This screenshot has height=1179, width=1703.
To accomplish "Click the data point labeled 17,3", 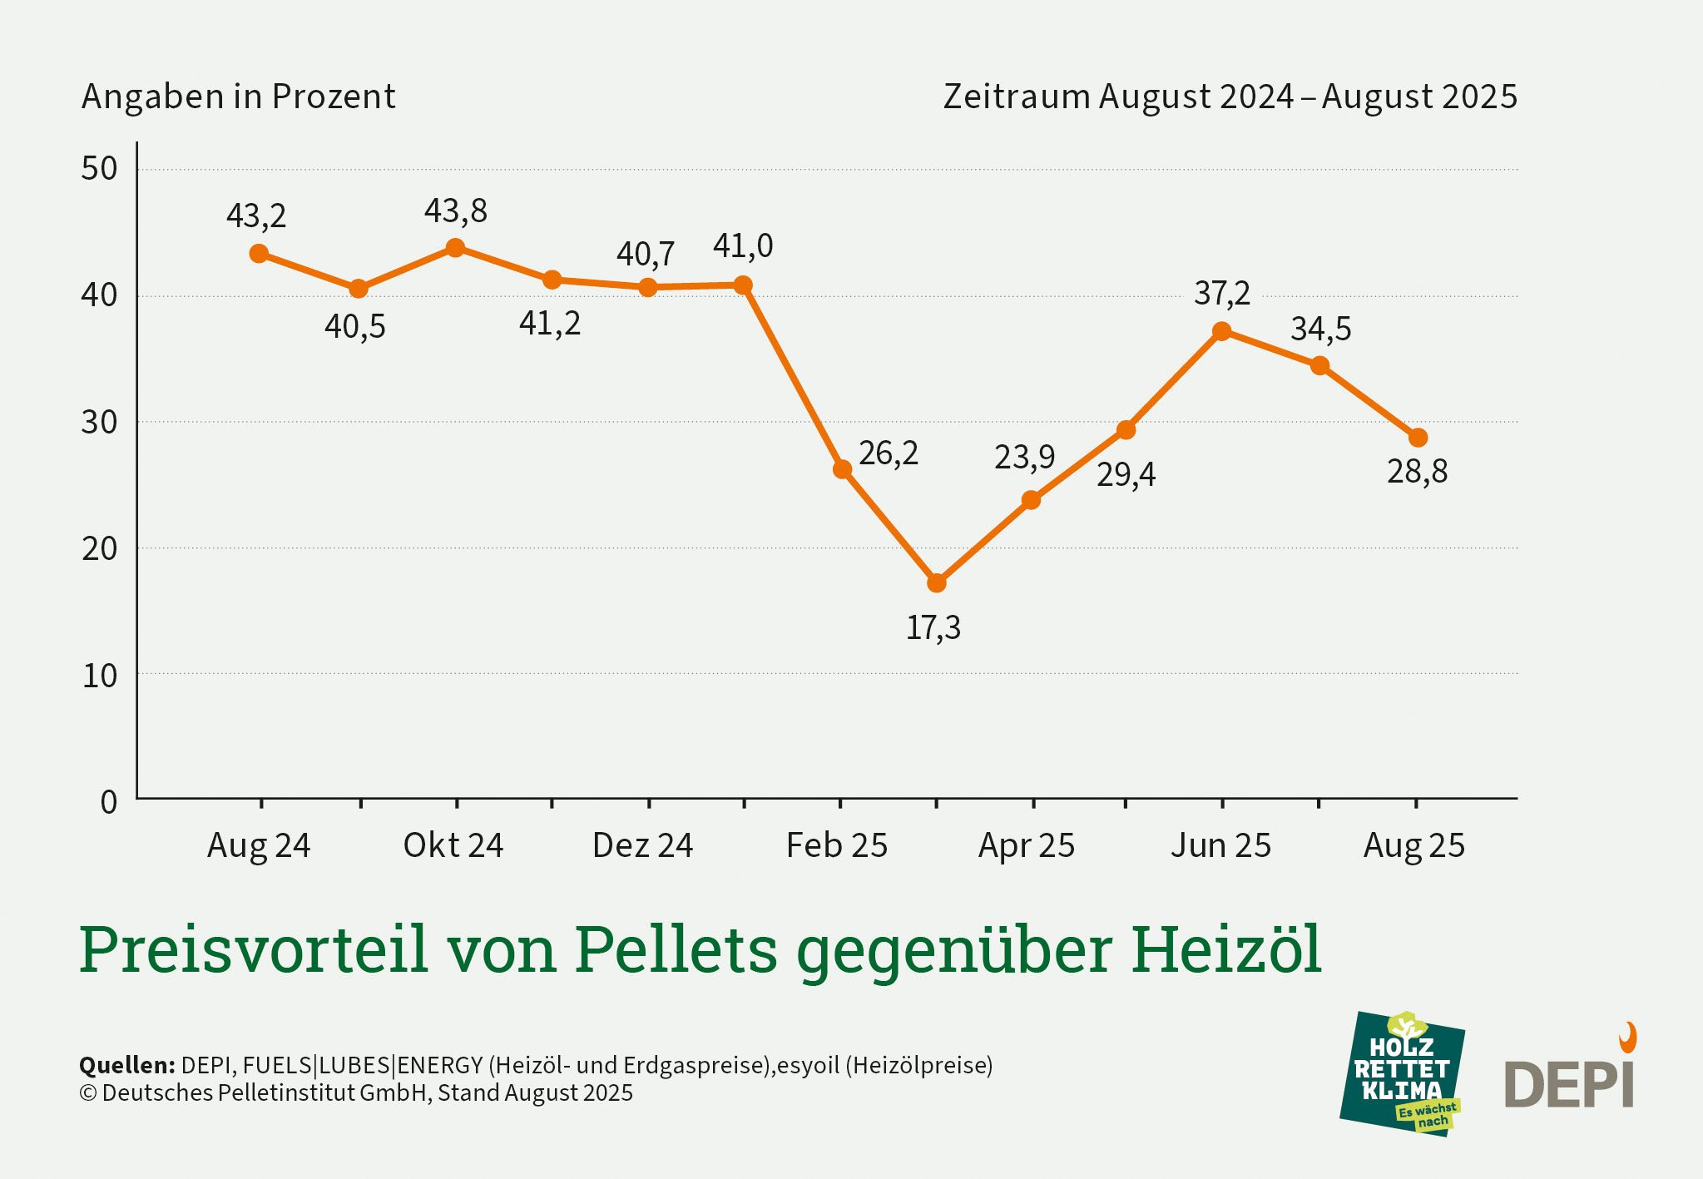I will coord(936,583).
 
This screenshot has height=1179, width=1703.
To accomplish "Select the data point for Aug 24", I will coord(259,254).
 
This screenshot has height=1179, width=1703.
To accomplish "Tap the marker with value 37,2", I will coord(1221,331).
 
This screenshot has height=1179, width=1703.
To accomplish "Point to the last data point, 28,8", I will coord(1418,438).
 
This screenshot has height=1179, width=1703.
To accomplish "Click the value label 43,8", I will coord(455,211).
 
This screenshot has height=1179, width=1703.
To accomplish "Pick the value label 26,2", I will coord(889,453).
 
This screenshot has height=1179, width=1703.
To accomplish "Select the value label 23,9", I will coord(1024,458).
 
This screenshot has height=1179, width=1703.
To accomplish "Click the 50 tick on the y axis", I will coord(99,169).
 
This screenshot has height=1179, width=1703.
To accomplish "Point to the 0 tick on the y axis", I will coord(108,802).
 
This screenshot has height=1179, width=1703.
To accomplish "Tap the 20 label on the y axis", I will coord(99,548).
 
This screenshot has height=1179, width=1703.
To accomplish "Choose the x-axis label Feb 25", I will coord(837,845).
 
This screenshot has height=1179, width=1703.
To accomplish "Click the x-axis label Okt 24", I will coord(453,845).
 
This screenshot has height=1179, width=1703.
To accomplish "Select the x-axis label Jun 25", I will coord(1220,845).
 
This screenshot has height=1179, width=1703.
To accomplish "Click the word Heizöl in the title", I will coord(1225,949).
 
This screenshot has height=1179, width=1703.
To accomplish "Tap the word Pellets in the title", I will coord(676,949).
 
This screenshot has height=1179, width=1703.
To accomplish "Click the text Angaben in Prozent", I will coord(238,97).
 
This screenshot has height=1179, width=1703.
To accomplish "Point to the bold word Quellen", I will coord(126,1065).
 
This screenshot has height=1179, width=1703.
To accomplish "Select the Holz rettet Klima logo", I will coord(1402,1074).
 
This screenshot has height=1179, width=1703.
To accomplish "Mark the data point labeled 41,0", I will coord(743,285).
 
